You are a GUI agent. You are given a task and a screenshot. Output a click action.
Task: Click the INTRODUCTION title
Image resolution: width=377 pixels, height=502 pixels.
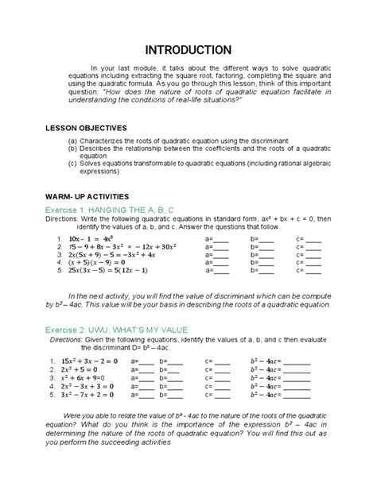pyautogui.click(x=188, y=50)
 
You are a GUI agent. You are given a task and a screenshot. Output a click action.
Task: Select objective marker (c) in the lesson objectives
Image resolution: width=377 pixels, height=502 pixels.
pyautogui.click(x=73, y=164)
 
